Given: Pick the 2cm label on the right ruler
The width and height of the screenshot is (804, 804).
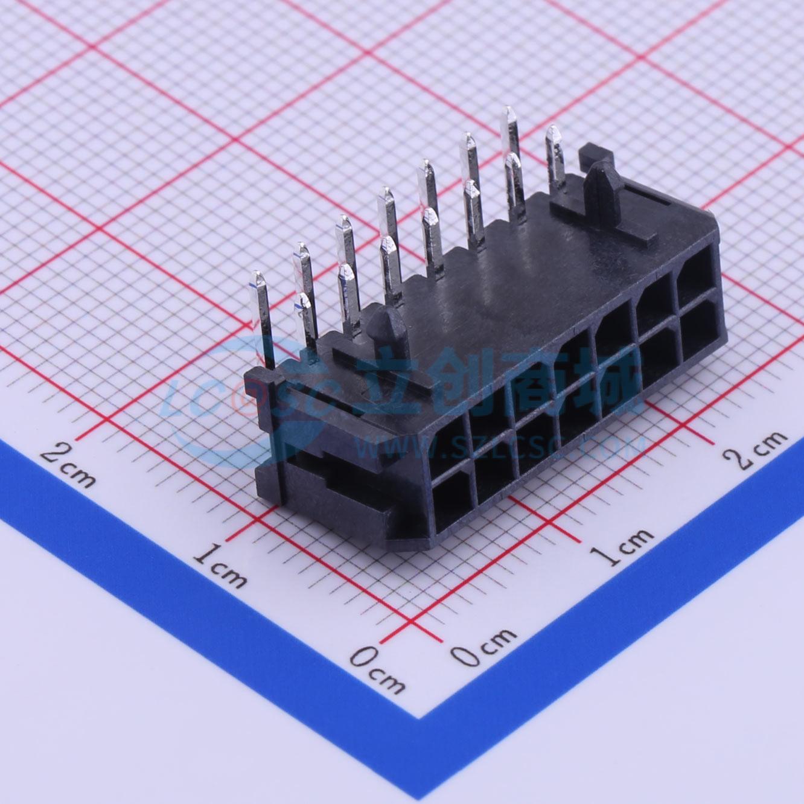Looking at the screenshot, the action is [756, 451].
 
